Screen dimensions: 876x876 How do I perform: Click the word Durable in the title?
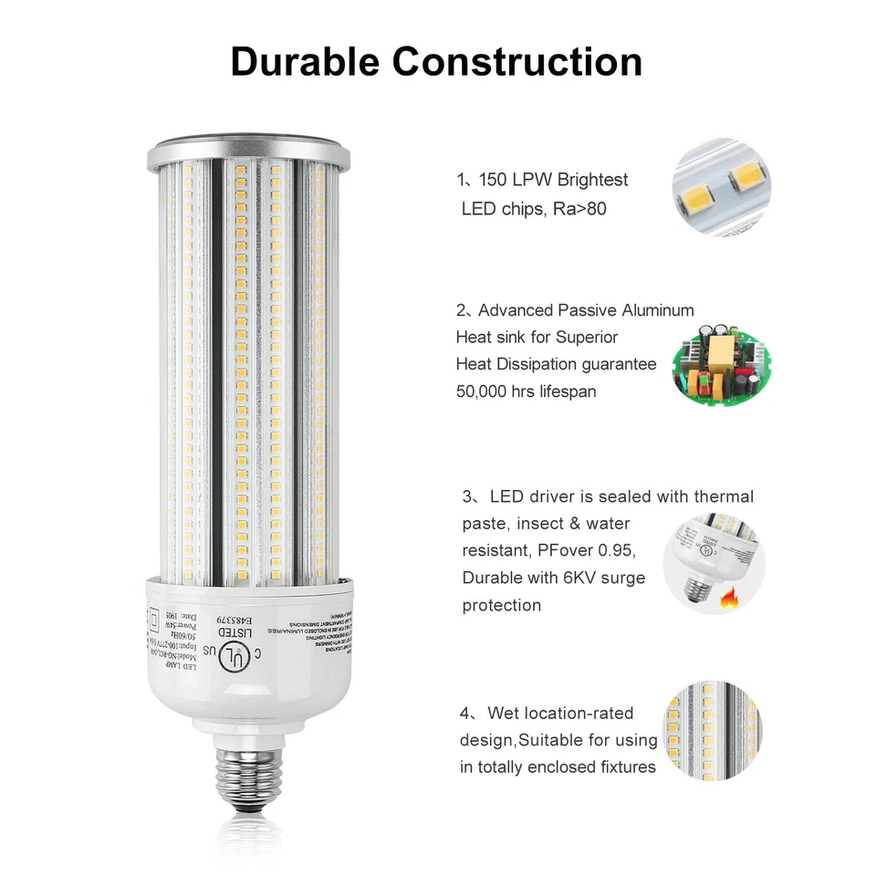click(305, 61)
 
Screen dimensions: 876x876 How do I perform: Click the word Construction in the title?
click(517, 61)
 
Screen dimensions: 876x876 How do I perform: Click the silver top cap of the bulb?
click(248, 151)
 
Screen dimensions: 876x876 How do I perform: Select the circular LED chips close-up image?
click(717, 187)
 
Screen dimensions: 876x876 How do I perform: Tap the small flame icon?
click(729, 600)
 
